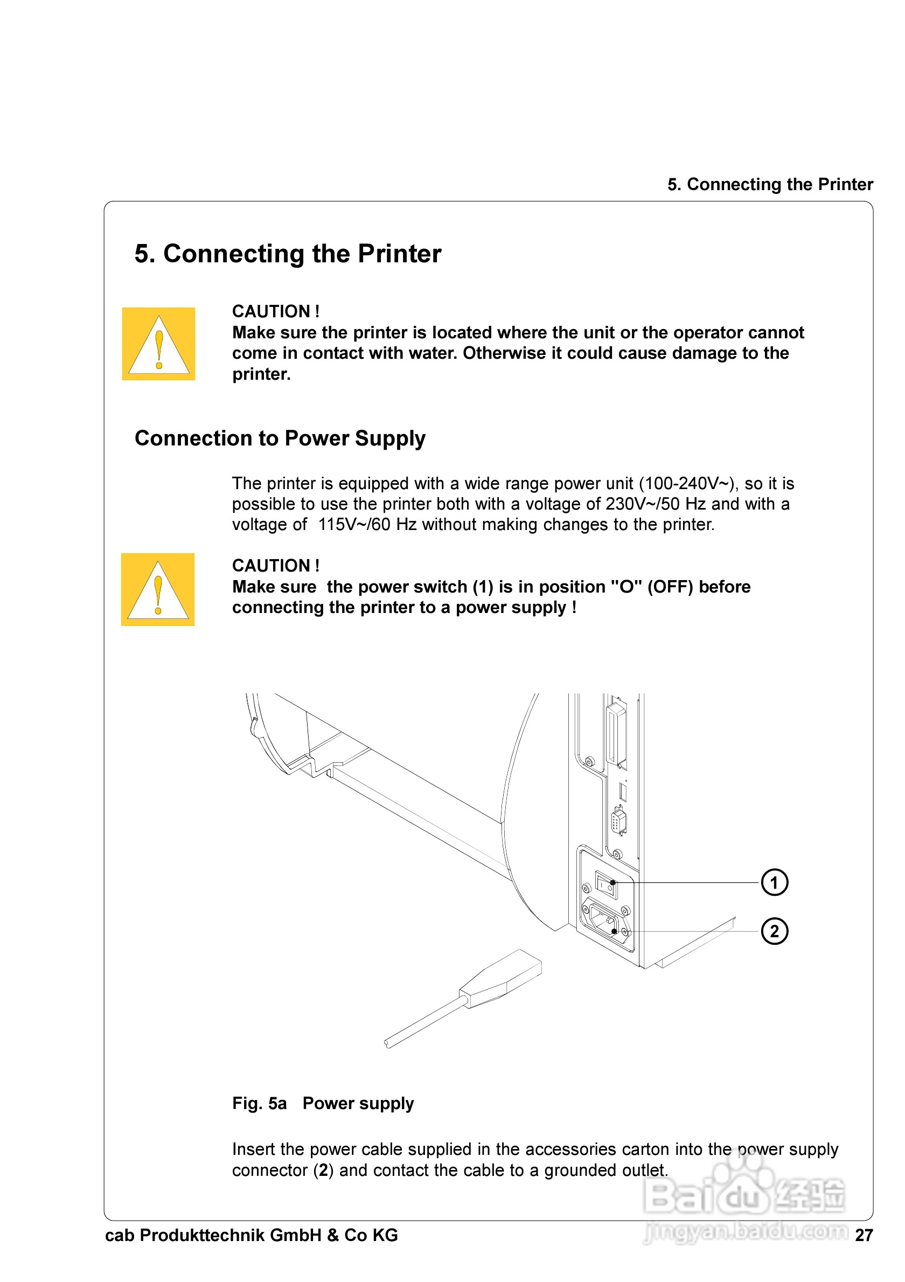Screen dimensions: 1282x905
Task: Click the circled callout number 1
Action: click(774, 883)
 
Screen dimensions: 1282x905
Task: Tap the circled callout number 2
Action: click(774, 931)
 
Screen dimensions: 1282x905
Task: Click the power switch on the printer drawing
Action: click(605, 884)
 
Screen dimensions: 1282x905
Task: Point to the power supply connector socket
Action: click(604, 921)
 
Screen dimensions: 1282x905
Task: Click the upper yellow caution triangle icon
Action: click(158, 344)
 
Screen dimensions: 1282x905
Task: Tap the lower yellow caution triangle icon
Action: click(158, 590)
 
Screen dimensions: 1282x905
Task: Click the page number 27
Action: click(864, 1235)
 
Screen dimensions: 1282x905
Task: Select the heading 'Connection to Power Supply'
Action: click(280, 438)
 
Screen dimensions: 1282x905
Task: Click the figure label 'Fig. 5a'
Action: click(259, 1103)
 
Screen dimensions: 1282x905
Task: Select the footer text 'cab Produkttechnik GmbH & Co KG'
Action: click(251, 1235)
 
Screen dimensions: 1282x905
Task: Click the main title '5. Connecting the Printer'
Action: click(288, 254)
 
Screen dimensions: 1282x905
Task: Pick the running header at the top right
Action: click(770, 184)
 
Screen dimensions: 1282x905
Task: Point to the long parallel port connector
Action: click(617, 735)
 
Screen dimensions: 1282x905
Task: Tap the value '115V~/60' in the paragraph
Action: click(354, 524)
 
